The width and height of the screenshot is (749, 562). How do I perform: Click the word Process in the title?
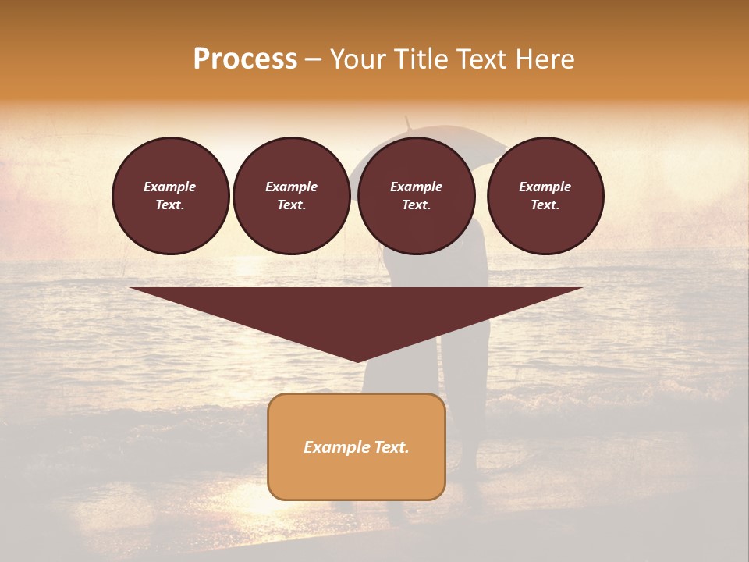[245, 59]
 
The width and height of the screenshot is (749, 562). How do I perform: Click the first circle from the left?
[170, 196]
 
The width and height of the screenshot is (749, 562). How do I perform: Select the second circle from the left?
[291, 196]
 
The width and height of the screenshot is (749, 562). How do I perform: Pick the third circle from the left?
[416, 196]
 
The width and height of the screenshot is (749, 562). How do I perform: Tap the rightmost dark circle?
[545, 196]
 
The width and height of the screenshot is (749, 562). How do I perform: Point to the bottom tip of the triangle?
[357, 361]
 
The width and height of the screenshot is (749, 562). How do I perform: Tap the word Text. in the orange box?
[390, 447]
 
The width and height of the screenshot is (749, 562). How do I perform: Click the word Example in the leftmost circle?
[170, 187]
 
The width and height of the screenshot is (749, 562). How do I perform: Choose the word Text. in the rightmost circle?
[545, 205]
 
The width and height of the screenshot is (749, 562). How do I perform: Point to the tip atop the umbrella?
[406, 119]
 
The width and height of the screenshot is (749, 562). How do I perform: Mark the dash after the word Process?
[314, 59]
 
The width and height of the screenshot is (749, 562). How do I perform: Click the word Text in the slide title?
[482, 59]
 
